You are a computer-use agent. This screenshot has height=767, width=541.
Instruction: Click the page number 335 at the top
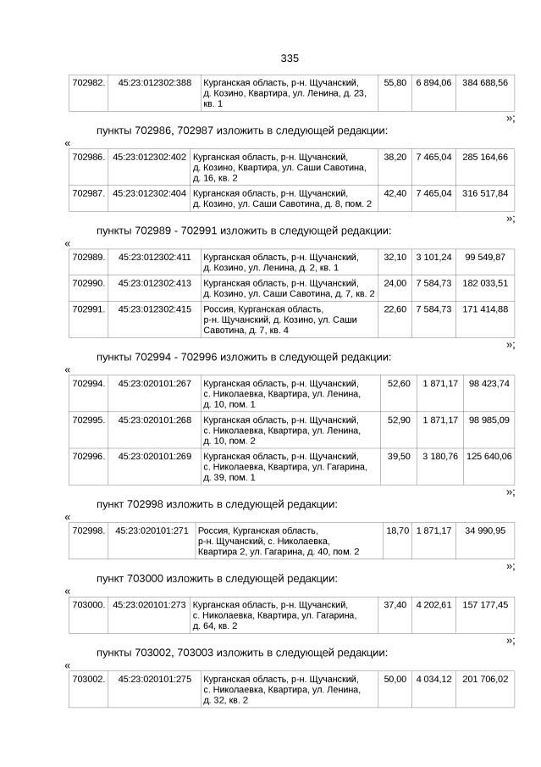[290, 58]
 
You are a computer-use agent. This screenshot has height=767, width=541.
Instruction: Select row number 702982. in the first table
[88, 83]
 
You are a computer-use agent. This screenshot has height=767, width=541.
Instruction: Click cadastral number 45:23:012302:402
[149, 158]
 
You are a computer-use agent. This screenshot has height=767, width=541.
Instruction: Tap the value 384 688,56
[485, 83]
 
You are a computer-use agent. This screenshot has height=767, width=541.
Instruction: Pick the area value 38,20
[395, 158]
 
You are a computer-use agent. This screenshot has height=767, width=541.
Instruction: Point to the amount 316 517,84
[485, 193]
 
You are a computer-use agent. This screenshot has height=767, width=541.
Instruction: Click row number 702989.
[88, 257]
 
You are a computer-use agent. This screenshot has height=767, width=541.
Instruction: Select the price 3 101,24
[433, 257]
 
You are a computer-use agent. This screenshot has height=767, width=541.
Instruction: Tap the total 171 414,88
[485, 309]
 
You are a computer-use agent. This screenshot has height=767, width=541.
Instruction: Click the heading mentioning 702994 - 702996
[244, 357]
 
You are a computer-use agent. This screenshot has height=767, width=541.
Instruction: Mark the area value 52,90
[398, 420]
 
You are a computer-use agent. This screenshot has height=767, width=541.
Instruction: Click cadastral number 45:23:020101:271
[152, 531]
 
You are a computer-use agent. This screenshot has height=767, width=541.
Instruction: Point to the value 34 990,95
[485, 531]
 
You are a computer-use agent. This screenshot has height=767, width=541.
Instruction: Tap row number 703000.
[88, 605]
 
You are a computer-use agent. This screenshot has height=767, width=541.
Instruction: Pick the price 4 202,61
[433, 605]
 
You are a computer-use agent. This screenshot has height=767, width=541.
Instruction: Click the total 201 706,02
[485, 680]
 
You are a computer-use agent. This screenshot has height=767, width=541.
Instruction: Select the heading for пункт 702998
[217, 504]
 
